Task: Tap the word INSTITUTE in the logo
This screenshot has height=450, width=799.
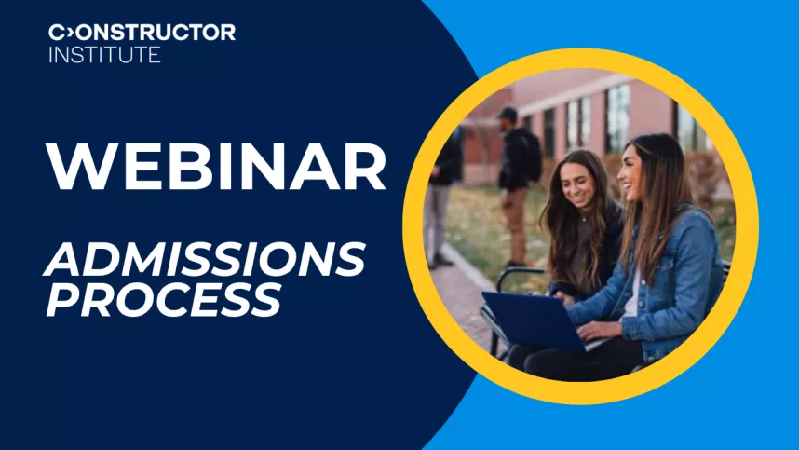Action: pyautogui.click(x=104, y=55)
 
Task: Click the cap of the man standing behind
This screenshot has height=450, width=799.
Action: pyautogui.click(x=508, y=114)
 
